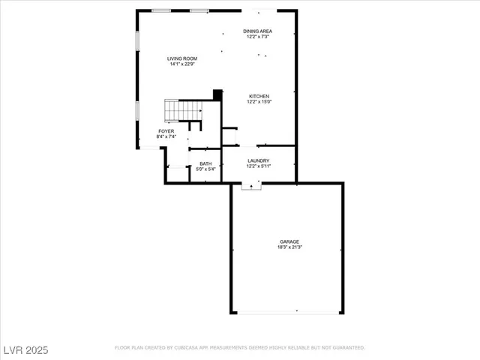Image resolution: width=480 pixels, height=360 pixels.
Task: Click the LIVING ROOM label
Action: coord(181,58)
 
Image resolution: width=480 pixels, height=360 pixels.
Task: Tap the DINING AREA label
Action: coord(257,31)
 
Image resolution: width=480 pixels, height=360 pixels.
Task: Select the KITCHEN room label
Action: coord(259,96)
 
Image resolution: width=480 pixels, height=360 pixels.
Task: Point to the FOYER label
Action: coord(166,131)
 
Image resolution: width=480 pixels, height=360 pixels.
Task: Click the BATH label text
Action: coord(205,163)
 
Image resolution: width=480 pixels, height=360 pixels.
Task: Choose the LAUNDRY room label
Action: coord(259,160)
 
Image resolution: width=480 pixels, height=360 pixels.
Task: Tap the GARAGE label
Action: coord(289,241)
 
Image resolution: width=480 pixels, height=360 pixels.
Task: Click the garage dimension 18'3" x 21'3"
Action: coord(289,247)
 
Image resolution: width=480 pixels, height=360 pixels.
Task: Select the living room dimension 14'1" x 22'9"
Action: coord(181,64)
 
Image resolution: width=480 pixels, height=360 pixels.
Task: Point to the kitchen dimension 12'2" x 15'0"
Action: coord(259,102)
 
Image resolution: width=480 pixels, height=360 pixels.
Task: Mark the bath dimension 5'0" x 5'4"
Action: coord(205,169)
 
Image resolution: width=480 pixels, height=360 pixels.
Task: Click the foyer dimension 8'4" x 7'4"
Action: coord(166,136)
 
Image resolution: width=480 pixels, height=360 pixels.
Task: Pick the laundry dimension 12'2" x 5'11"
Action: coord(259,166)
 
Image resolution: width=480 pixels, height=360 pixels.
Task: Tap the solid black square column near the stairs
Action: coord(217,94)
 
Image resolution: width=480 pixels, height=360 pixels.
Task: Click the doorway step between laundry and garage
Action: coord(251,186)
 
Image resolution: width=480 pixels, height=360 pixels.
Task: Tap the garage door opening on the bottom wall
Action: coord(287,312)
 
